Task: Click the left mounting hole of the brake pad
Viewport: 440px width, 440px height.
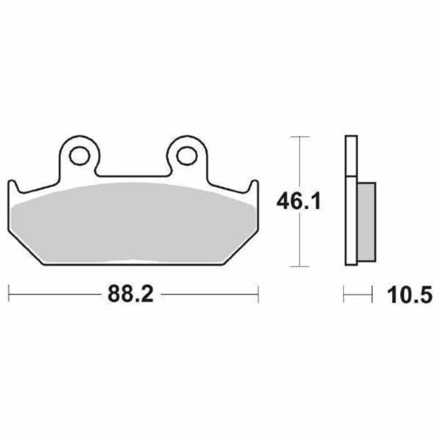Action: pos(80,154)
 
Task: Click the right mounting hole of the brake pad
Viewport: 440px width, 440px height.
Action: pos(185,154)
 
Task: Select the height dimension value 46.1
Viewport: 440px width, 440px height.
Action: pos(298,200)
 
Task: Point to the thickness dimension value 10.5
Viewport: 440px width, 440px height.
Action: pos(409,295)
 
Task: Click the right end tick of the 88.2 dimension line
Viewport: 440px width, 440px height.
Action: pos(258,294)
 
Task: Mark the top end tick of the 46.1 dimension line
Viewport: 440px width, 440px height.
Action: pos(299,137)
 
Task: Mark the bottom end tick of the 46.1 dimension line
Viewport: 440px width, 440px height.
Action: pos(299,265)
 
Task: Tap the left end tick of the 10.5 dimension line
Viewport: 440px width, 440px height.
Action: pos(345,294)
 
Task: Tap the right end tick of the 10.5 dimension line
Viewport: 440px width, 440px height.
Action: pos(373,294)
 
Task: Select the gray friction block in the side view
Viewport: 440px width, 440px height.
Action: pos(365,219)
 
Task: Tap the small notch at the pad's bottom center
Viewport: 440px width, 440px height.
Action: pos(133,261)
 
